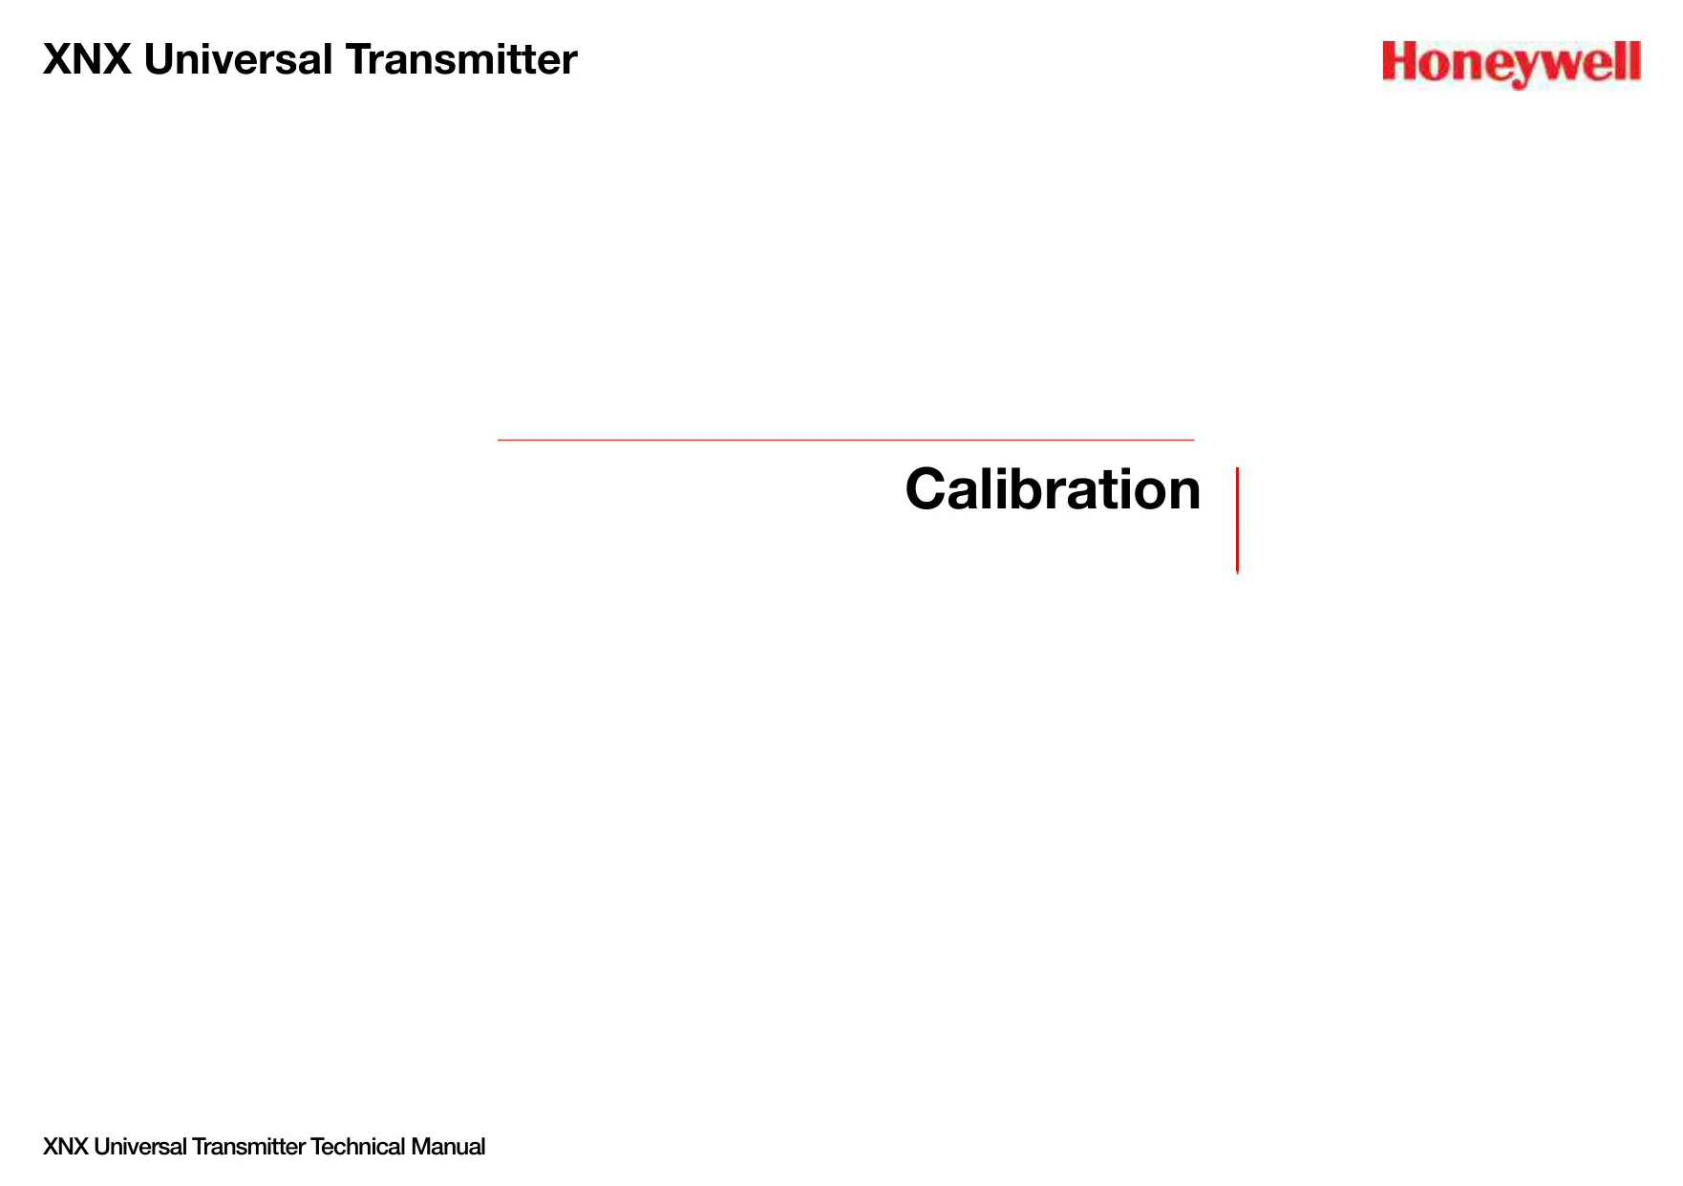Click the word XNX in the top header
87,59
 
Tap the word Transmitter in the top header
461,59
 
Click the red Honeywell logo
1511,64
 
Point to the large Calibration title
1053,489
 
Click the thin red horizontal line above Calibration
845,440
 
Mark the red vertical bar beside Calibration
1237,520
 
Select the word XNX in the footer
66,1147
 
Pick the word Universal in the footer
140,1147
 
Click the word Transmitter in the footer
248,1147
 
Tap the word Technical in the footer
358,1147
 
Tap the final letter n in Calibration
1182,495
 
